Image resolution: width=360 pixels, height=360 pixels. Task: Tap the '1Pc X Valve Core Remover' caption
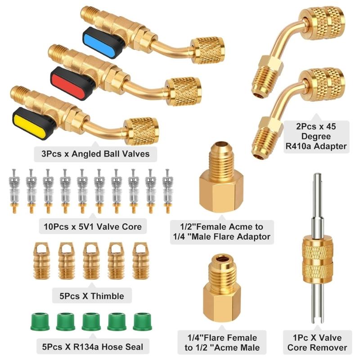[317, 342]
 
